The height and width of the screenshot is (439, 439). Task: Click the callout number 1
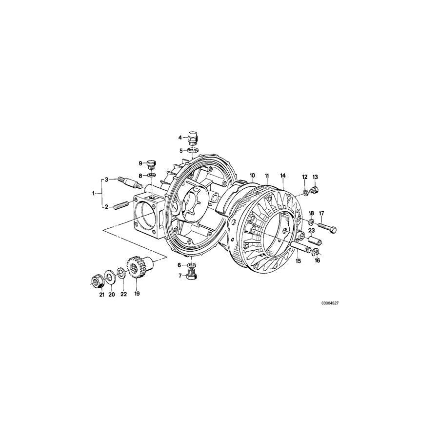[x=94, y=194]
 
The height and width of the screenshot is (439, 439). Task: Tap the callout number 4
[x=180, y=138]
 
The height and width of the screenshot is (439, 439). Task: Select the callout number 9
[x=140, y=163]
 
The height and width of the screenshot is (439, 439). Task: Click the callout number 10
[x=252, y=175]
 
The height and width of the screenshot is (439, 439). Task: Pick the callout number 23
[x=311, y=230]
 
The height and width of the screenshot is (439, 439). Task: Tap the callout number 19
[x=137, y=294]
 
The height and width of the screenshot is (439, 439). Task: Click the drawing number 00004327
[x=330, y=303]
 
